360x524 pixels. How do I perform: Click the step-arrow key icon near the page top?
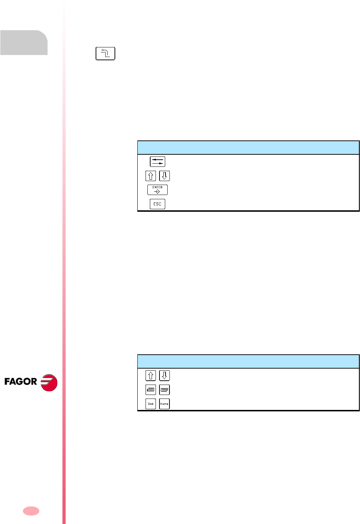click(105, 53)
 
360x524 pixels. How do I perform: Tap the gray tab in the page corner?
click(24, 42)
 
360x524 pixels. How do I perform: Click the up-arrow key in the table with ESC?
click(151, 176)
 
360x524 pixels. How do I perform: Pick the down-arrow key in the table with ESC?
click(164, 176)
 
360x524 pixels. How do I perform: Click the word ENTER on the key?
click(157, 187)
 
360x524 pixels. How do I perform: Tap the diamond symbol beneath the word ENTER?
click(157, 192)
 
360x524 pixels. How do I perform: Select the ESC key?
click(157, 204)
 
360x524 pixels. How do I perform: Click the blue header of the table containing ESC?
click(248, 148)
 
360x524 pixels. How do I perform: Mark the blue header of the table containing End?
click(248, 361)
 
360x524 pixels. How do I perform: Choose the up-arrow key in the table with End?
click(151, 375)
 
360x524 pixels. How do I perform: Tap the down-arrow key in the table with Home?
click(164, 375)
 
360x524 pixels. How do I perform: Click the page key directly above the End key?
click(151, 390)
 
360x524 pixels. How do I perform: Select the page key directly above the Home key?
click(164, 390)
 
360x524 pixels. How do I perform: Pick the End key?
click(151, 404)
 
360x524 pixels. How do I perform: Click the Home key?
click(164, 404)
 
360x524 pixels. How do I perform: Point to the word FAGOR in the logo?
click(21, 382)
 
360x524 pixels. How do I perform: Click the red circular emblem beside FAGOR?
click(49, 382)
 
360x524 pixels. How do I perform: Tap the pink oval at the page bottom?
click(31, 511)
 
